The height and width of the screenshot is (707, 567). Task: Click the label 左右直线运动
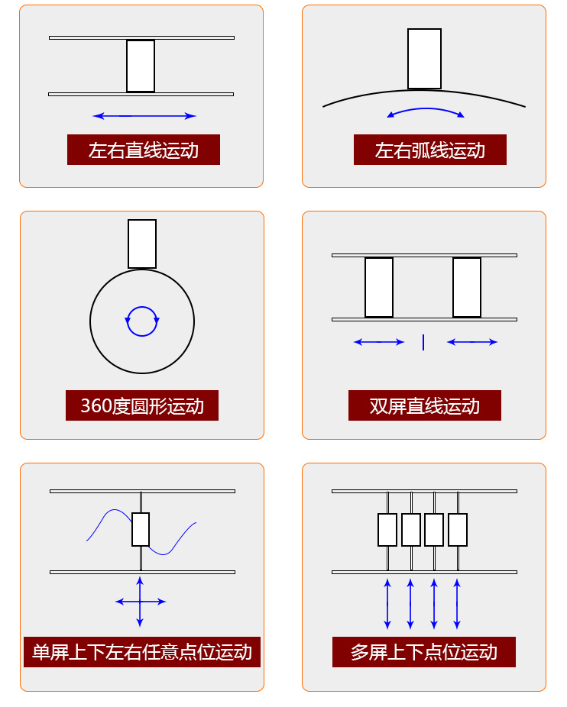[x=144, y=150]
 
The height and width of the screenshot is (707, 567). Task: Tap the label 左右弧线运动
[x=429, y=150]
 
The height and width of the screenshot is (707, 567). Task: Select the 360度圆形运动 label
[x=142, y=405]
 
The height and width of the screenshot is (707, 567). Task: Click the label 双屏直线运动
[x=424, y=405]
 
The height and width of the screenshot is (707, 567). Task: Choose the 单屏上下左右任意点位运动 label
[x=142, y=652]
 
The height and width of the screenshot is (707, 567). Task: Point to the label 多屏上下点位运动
[x=424, y=652]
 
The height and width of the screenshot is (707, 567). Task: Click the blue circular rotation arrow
[x=142, y=321]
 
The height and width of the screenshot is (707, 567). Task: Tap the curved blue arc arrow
[x=426, y=110]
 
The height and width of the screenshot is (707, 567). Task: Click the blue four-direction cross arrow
[x=140, y=602]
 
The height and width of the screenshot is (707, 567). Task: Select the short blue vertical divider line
[x=423, y=342]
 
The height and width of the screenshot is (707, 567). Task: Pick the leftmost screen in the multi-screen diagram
[x=387, y=530]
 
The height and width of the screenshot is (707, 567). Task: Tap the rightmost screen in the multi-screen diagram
[x=458, y=530]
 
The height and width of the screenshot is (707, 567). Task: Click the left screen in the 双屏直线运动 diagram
[x=379, y=287]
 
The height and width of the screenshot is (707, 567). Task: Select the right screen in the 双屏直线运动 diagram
[x=467, y=287]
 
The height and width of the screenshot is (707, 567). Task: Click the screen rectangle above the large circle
[x=142, y=244]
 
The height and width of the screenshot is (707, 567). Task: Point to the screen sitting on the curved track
[x=424, y=59]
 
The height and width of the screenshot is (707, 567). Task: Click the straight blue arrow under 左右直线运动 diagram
[x=144, y=116]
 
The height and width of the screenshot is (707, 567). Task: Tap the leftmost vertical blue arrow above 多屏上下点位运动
[x=387, y=603]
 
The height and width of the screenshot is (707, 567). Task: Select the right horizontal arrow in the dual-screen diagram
[x=472, y=342]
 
